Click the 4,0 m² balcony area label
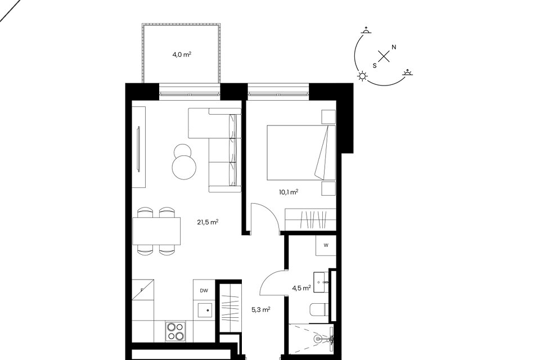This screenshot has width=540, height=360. click(182, 55)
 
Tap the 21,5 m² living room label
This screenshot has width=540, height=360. click(208, 222)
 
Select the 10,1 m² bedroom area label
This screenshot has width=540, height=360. click(289, 192)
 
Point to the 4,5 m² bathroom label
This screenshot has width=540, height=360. click(301, 288)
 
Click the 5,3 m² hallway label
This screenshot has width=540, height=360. click(260, 310)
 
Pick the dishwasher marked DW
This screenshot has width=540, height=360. click(204, 290)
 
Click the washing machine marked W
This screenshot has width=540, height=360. click(326, 245)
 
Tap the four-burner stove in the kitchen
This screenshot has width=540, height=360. click(175, 331)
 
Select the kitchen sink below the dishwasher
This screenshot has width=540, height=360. click(206, 310)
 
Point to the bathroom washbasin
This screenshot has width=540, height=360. click(321, 282)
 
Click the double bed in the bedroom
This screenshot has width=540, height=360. click(301, 152)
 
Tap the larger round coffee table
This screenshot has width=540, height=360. click(184, 167)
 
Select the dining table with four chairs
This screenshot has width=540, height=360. click(156, 231)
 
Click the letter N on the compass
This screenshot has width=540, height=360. click(394, 47)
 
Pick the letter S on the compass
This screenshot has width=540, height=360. click(375, 65)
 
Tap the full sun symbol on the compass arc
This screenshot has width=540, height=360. click(363, 76)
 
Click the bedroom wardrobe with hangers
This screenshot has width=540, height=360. click(310, 219)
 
